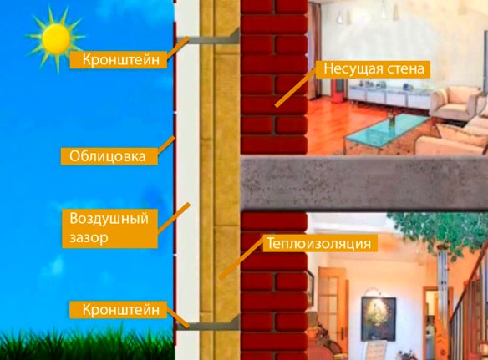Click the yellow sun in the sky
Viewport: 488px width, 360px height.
56,38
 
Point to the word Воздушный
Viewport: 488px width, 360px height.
109,219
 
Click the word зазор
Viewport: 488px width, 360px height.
89,238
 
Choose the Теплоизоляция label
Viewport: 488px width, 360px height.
319,243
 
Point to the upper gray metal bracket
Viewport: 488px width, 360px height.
208,38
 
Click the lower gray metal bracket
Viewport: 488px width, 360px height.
208,324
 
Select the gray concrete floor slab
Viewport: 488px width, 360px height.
364,183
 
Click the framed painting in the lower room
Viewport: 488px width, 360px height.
379,318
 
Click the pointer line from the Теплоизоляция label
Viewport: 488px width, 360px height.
241,259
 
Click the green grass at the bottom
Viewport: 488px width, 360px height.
87,344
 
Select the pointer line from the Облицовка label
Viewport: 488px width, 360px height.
166,145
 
